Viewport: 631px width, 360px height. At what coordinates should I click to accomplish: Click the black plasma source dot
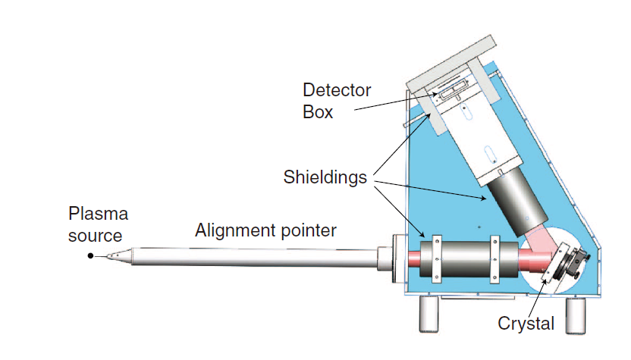pos(90,256)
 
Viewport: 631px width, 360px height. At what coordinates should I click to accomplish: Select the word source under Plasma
pos(95,235)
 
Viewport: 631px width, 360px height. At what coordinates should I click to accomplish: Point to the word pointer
pos(308,230)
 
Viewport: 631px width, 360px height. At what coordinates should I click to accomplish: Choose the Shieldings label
pos(325,177)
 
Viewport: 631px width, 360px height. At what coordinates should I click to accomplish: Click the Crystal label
pos(526,324)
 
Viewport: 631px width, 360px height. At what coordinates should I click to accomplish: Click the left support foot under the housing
pos(429,312)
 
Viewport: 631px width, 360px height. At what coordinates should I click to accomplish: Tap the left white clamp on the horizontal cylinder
pos(437,259)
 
